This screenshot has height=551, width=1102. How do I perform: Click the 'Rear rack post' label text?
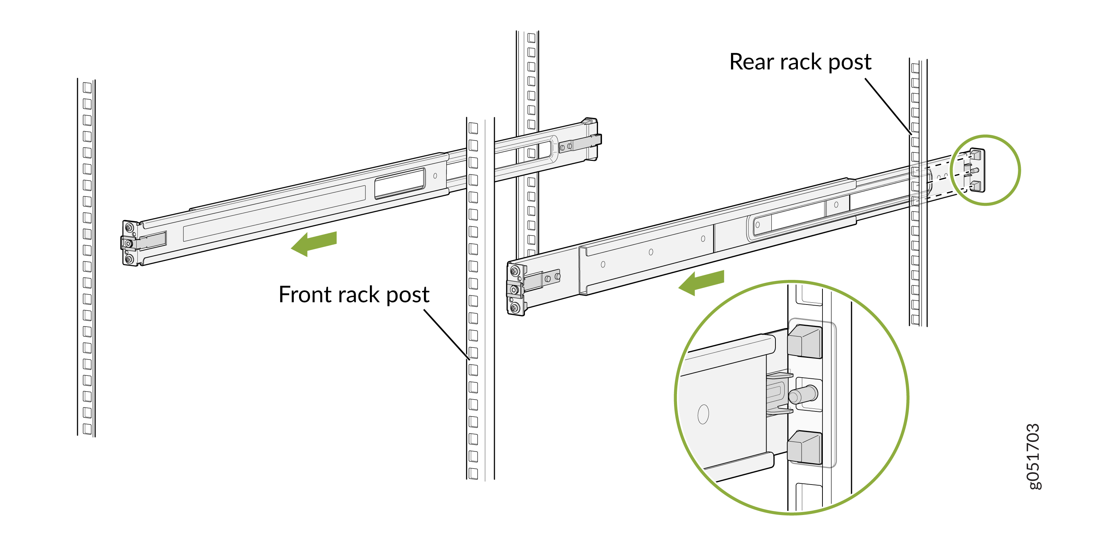tap(800, 62)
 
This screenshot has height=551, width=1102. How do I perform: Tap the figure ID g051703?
tap(1034, 456)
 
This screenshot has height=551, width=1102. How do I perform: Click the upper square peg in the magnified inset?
tap(805, 341)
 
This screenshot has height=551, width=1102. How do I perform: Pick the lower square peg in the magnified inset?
tap(805, 447)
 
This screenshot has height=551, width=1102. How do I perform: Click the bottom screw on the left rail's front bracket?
tap(129, 259)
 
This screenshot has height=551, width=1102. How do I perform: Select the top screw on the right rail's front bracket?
tap(515, 271)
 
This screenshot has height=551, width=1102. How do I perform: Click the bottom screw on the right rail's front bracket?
tap(515, 307)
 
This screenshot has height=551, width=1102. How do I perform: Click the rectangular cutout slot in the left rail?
tap(400, 183)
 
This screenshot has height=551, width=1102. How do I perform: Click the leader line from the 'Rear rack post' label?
tap(888, 106)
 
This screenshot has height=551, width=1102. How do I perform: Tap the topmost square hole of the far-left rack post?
tap(87, 88)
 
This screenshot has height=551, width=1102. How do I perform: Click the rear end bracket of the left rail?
tap(591, 139)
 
